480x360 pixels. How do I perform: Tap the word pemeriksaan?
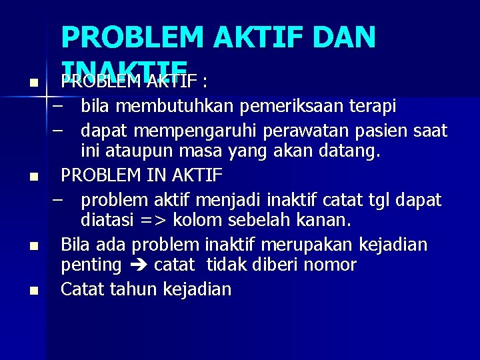pos(294,106)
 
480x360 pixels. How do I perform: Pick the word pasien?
pos(380,129)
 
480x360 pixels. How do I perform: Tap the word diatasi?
pos(105,220)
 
